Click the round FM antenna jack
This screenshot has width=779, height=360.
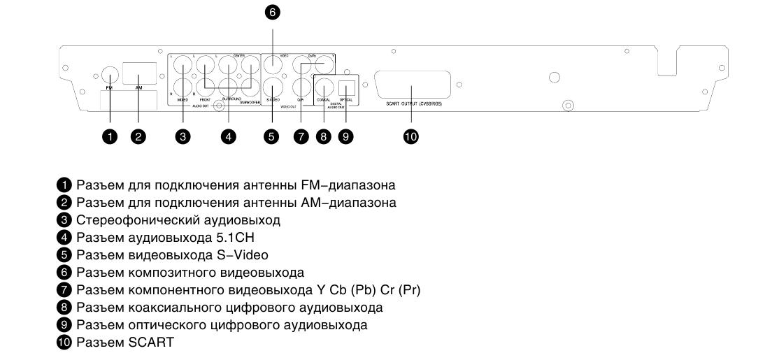click(109, 73)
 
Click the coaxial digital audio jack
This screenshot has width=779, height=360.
click(323, 88)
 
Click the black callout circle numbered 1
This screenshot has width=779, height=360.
click(109, 138)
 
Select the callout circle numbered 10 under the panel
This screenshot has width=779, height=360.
click(410, 138)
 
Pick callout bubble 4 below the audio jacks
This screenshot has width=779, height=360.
click(227, 138)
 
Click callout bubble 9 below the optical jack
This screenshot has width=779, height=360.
click(345, 138)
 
